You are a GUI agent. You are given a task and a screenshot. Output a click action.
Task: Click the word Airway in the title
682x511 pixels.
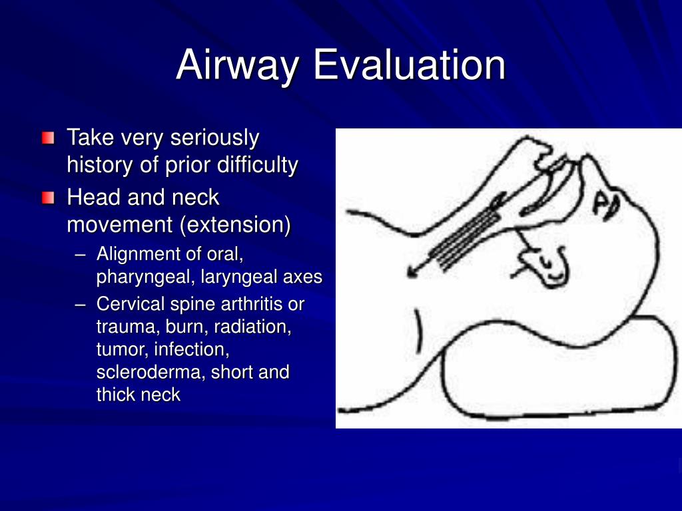click(x=237, y=65)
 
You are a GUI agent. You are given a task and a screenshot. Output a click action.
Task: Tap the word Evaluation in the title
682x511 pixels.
click(x=410, y=65)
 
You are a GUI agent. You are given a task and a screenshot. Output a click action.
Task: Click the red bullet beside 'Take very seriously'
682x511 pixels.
click(x=48, y=138)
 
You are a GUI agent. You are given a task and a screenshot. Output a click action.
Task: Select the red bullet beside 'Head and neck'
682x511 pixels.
click(x=48, y=198)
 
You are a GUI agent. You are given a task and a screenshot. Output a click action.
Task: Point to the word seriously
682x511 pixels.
click(x=214, y=138)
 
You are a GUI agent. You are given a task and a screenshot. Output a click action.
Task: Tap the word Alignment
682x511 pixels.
click(x=138, y=255)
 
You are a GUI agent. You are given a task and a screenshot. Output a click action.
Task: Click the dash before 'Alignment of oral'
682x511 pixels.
click(x=80, y=255)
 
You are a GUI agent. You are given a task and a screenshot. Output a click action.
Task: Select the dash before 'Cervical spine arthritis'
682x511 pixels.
click(x=80, y=304)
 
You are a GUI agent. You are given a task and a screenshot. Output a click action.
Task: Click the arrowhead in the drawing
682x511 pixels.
click(x=412, y=272)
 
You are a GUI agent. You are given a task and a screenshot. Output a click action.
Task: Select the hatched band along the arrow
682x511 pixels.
click(x=464, y=240)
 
